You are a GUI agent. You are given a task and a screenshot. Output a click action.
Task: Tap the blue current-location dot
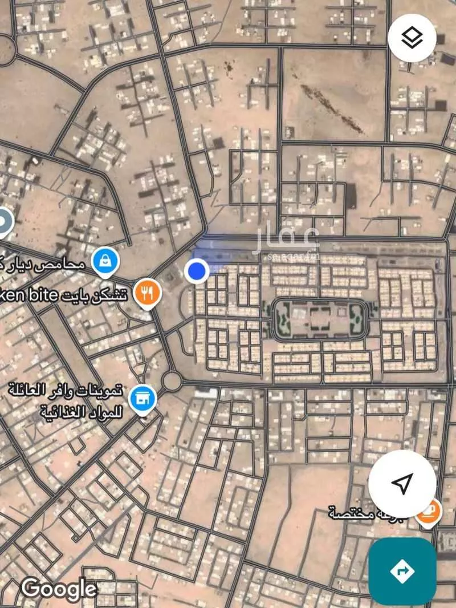tap(197, 270)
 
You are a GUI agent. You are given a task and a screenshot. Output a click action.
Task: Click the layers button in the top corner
tap(412, 38)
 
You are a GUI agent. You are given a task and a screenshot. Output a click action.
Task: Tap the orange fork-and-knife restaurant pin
tap(148, 293)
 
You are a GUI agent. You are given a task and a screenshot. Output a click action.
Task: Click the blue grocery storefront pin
tap(141, 398)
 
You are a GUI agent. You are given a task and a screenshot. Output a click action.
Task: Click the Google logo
tap(59, 588)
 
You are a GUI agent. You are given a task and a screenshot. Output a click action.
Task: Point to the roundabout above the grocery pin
tap(170, 380)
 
